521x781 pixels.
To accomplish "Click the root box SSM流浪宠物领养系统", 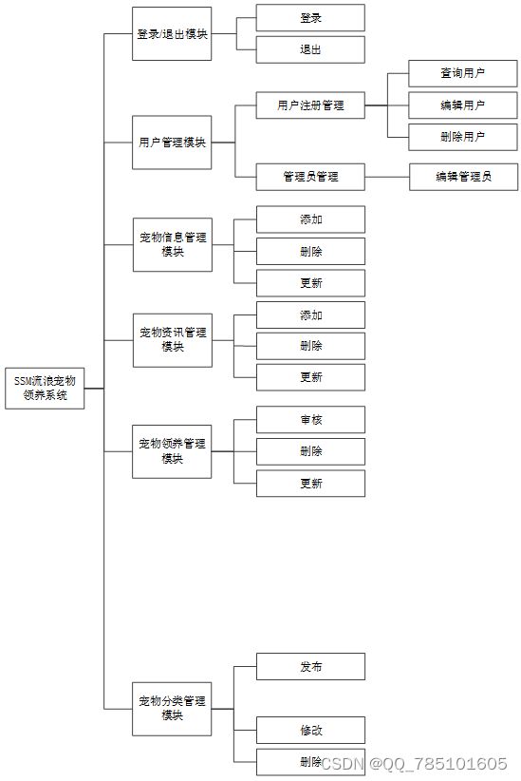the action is point(45,389).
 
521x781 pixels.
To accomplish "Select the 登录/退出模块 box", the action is point(172,34).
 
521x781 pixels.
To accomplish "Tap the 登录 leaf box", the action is point(310,18).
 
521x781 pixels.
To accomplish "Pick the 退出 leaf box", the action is point(310,49).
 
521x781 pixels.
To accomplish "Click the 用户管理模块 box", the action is point(172,143).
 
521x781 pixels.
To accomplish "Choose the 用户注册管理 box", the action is point(310,105).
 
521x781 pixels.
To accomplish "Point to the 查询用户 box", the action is point(463,73).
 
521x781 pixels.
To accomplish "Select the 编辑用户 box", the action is point(463,105).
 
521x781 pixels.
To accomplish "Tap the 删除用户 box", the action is point(463,137).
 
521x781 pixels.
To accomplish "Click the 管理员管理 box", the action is point(310,177).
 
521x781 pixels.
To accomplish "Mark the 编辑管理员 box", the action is point(463,177).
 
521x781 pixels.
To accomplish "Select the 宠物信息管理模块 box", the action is point(173,244).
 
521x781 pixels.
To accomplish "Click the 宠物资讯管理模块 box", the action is point(173,340).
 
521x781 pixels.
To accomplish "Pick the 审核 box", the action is point(310,419).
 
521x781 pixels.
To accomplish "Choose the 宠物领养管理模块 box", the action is point(172,451).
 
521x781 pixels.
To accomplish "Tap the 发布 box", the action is point(310,666).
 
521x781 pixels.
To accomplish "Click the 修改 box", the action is point(310,731).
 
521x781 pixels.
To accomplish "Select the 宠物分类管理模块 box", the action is point(172,709).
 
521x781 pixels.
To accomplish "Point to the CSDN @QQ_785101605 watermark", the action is point(414,763).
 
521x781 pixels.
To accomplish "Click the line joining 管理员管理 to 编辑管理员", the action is point(387,177).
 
